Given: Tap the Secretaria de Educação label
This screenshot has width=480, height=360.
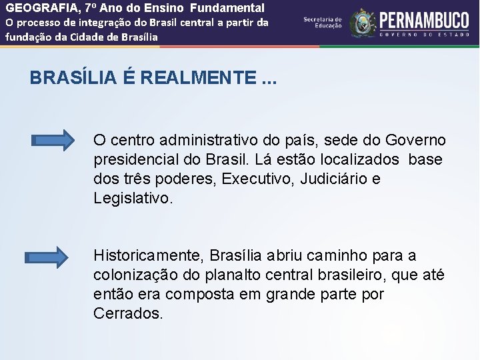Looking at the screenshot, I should point(322,23).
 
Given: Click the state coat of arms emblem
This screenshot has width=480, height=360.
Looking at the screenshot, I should point(363,23).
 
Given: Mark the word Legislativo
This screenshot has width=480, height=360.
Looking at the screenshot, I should point(133,199).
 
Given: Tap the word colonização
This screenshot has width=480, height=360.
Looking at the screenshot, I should point(138,275).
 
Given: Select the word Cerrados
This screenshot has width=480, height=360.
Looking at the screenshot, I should point(128,313).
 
